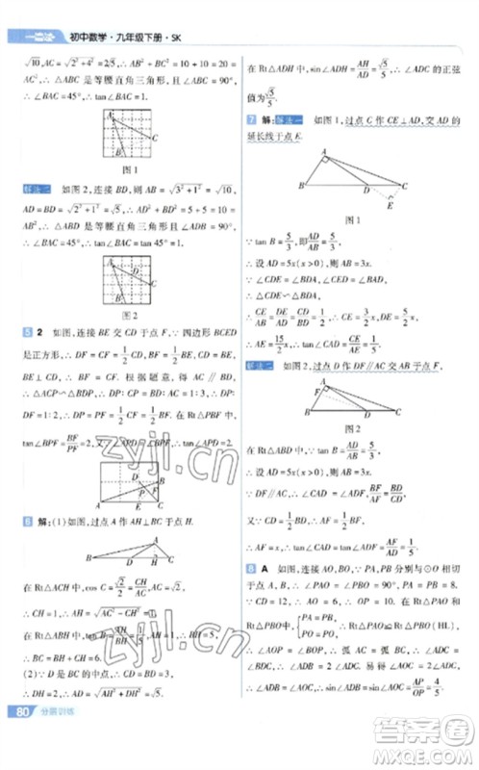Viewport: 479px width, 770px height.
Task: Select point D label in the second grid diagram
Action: (133, 272)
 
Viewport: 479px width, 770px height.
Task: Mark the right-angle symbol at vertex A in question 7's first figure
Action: (331, 160)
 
